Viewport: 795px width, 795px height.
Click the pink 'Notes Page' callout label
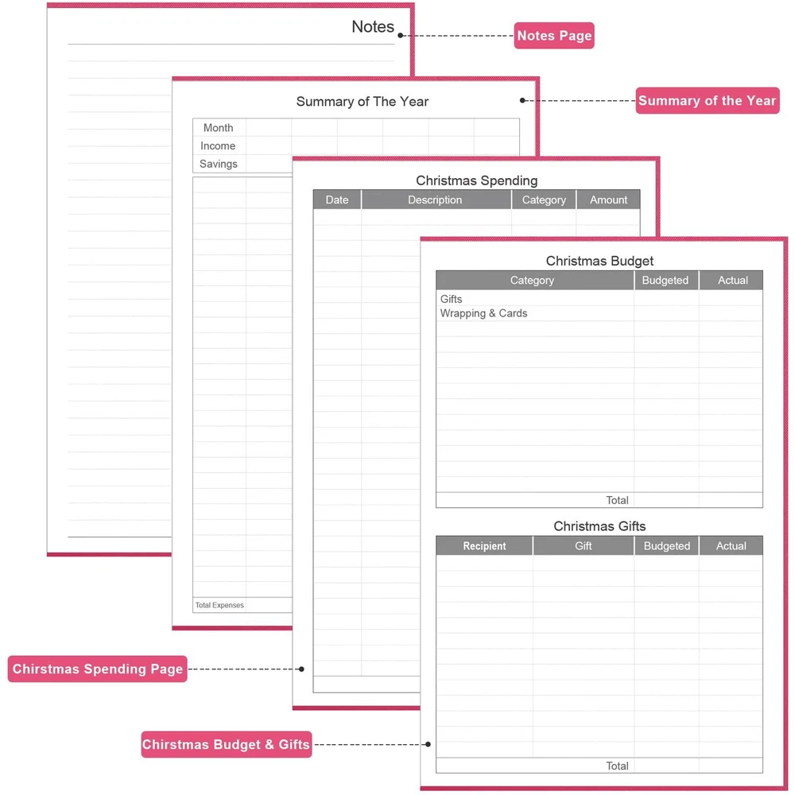pyautogui.click(x=554, y=36)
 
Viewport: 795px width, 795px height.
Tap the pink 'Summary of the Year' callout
pyautogui.click(x=707, y=100)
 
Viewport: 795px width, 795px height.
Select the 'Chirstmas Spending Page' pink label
pyautogui.click(x=98, y=669)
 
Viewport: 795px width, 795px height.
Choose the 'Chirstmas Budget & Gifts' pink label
pyautogui.click(x=226, y=745)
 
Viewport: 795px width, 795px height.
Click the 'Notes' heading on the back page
pyautogui.click(x=373, y=26)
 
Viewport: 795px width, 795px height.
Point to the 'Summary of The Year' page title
pyautogui.click(x=363, y=101)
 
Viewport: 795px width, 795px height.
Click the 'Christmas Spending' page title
pyautogui.click(x=477, y=180)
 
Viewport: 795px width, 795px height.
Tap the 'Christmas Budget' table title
pyautogui.click(x=599, y=261)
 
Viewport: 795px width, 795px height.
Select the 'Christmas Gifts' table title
pyautogui.click(x=599, y=526)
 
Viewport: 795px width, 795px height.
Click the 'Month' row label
pyautogui.click(x=218, y=128)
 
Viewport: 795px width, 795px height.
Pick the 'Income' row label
pyautogui.click(x=218, y=146)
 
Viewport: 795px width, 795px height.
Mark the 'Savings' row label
pyautogui.click(x=219, y=164)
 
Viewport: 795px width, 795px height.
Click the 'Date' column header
pyautogui.click(x=337, y=200)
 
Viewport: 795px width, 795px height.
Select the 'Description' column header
pyautogui.click(x=435, y=200)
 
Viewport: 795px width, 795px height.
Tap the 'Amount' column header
pyautogui.click(x=608, y=200)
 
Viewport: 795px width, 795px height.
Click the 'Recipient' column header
pyautogui.click(x=484, y=546)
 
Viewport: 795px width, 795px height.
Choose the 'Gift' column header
pyautogui.click(x=584, y=546)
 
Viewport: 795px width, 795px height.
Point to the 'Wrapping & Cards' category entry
pyautogui.click(x=483, y=313)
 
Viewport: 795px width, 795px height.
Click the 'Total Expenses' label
pyautogui.click(x=219, y=606)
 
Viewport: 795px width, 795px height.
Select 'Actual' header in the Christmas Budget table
pyautogui.click(x=732, y=281)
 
